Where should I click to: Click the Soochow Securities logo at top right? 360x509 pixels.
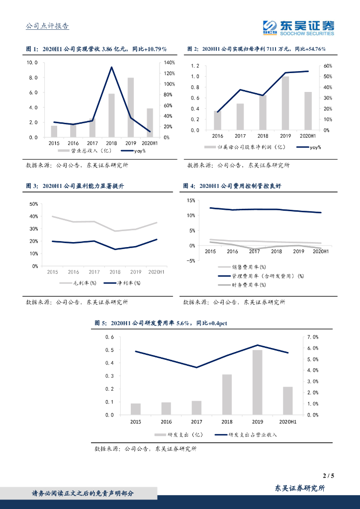[x=298, y=27]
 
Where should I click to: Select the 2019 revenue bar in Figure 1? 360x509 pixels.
[x=131, y=107]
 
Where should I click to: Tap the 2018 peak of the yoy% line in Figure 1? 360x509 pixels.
[x=111, y=68]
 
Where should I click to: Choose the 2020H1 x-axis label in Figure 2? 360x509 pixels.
[x=308, y=136]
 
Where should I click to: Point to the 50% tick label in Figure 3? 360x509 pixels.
[x=34, y=204]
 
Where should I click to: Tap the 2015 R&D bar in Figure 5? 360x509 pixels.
[x=136, y=409]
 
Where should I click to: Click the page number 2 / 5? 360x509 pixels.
[x=328, y=476]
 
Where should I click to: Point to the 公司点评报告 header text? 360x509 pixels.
[x=47, y=26]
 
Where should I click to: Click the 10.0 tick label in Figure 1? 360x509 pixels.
[x=32, y=63]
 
